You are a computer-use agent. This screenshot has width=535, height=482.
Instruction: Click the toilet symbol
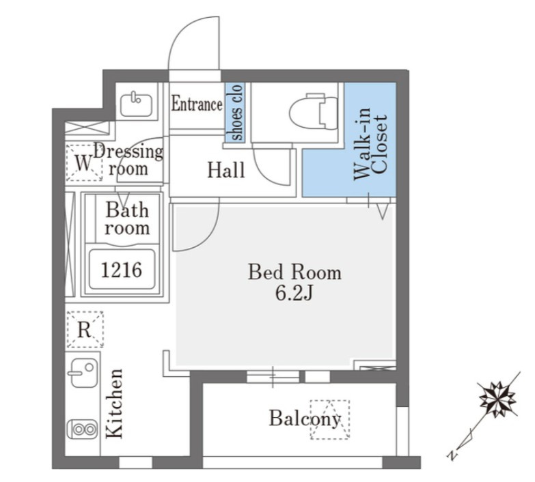(x=313, y=111)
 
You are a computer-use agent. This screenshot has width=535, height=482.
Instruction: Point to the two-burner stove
(x=83, y=429)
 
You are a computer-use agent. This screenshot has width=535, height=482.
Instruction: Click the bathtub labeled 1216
(x=122, y=269)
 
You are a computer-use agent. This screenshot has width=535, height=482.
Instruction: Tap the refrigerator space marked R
(x=85, y=329)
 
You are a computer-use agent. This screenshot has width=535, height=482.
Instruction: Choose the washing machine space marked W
(x=84, y=162)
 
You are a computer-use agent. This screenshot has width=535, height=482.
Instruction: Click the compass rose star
(x=498, y=399)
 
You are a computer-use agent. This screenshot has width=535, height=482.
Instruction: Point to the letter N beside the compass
(x=452, y=455)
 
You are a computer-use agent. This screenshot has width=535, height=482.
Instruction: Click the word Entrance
(x=197, y=104)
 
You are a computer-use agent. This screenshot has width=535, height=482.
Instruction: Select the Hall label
(x=226, y=170)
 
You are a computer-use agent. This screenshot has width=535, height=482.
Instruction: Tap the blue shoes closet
(x=235, y=113)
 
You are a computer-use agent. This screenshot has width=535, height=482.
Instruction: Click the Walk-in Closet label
(x=371, y=143)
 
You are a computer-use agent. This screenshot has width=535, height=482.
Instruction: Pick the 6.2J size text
(x=294, y=293)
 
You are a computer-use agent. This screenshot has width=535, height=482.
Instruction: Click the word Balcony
(x=305, y=418)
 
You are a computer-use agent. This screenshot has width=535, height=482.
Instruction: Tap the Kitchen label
(x=114, y=403)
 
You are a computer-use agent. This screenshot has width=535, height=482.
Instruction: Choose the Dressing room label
(x=128, y=160)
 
